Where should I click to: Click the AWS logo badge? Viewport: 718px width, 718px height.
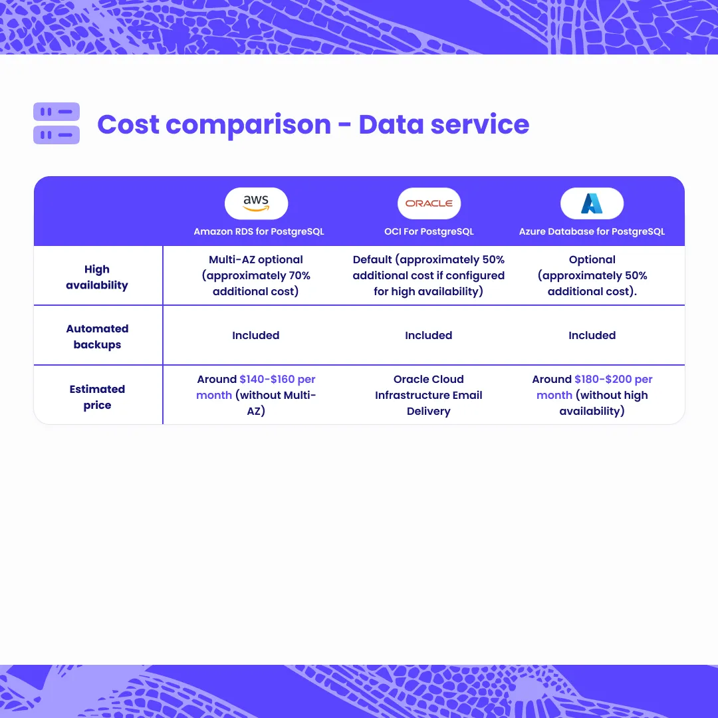click(x=256, y=203)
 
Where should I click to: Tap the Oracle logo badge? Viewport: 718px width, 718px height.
click(x=429, y=203)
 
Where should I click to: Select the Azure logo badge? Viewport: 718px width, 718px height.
click(x=592, y=203)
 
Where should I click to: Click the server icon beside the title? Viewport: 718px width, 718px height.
click(x=57, y=123)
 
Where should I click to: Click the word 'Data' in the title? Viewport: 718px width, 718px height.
click(x=391, y=124)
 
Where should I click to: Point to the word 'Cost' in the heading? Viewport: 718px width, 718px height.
click(x=128, y=124)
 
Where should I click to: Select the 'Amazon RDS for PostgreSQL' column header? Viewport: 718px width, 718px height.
click(x=259, y=231)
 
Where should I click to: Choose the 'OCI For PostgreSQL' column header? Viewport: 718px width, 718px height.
click(x=429, y=231)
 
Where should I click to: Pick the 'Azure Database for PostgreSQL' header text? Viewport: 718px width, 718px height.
click(x=592, y=231)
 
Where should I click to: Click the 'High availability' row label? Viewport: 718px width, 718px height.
click(x=97, y=277)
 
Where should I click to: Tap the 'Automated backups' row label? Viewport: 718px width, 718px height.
click(x=97, y=336)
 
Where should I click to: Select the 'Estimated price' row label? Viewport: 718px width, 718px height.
click(x=97, y=397)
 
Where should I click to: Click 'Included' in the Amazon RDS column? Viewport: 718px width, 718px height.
click(x=255, y=335)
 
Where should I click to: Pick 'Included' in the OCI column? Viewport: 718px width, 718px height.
click(x=429, y=335)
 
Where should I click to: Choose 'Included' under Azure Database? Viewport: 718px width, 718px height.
click(x=592, y=335)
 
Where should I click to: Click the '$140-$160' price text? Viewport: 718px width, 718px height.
click(x=267, y=379)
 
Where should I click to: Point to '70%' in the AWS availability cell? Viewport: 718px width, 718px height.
click(x=299, y=275)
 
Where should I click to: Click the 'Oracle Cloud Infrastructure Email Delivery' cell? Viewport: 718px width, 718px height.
click(x=429, y=395)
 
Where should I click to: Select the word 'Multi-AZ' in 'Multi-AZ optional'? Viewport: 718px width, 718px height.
click(x=231, y=259)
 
